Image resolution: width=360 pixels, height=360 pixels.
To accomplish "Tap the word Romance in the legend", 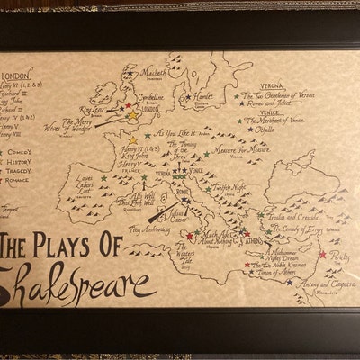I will tap(20, 179).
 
